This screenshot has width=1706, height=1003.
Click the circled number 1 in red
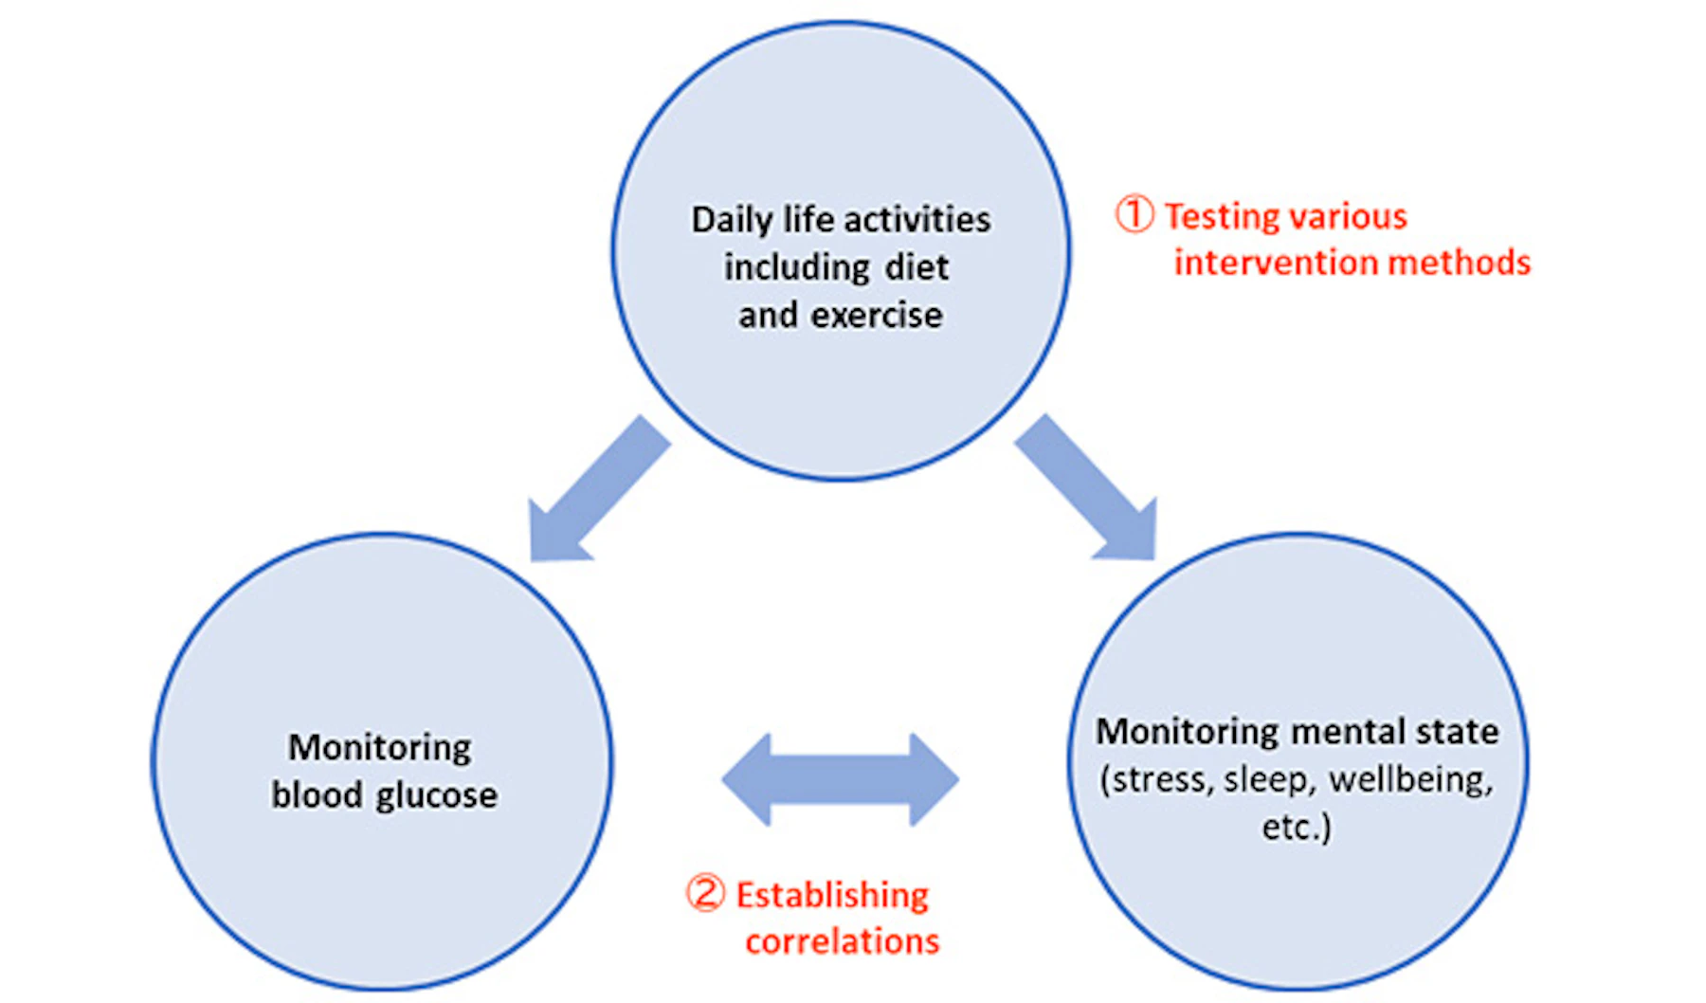pyautogui.click(x=1134, y=214)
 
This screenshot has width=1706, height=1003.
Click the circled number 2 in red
pyautogui.click(x=705, y=893)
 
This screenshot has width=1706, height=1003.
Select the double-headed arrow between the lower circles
pyautogui.click(x=840, y=779)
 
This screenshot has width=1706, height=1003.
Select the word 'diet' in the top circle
pyautogui.click(x=917, y=267)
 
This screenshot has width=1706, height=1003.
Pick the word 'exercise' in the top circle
pyautogui.click(x=877, y=315)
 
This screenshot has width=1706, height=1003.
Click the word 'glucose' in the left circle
pyautogui.click(x=437, y=795)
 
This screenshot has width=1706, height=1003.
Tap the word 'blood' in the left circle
pyautogui.click(x=317, y=795)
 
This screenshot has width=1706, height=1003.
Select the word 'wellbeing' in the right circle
pyautogui.click(x=1410, y=780)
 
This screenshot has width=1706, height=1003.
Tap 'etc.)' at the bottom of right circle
pyautogui.click(x=1297, y=827)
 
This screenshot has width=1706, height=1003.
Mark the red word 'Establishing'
pyautogui.click(x=832, y=895)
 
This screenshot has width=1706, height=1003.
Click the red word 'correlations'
pyautogui.click(x=842, y=941)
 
